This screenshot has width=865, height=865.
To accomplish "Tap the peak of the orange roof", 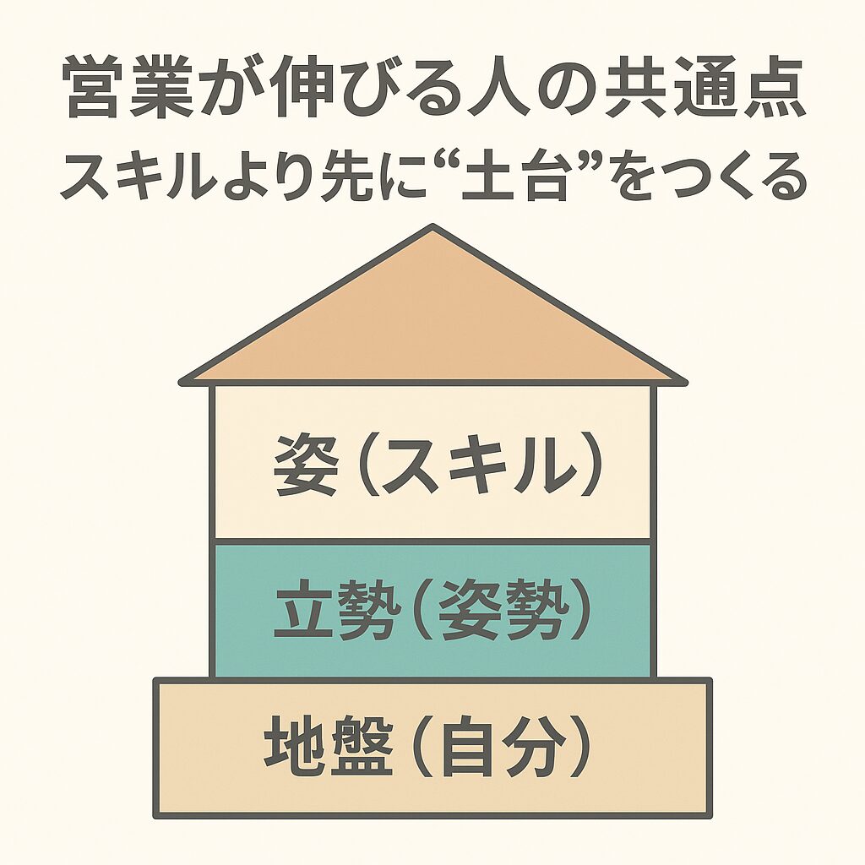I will click(432, 228).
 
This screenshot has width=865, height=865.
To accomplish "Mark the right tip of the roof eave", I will click(683, 381).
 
